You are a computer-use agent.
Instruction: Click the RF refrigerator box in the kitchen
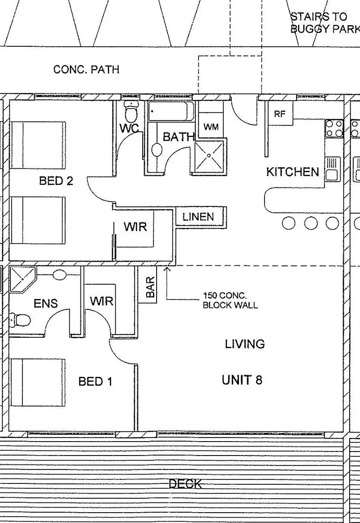280,114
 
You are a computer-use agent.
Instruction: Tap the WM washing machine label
211,127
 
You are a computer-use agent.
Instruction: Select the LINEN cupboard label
198,217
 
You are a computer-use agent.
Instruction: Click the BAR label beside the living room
150,287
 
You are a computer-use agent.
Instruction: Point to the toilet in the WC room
131,110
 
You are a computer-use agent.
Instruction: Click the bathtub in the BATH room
171,111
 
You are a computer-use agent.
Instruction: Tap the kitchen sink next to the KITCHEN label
332,169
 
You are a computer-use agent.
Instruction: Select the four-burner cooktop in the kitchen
334,128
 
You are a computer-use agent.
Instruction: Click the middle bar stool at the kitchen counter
310,223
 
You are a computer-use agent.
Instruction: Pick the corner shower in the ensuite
22,278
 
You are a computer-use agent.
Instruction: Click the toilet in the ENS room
20,320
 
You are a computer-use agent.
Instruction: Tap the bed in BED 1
38,381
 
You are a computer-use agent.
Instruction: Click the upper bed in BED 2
38,145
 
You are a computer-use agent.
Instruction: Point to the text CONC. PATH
86,70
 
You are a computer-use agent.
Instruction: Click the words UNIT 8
242,380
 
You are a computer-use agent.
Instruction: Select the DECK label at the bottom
185,484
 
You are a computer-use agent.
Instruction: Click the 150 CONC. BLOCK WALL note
230,300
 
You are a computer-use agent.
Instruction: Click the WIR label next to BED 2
135,227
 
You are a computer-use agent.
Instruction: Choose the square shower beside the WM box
209,156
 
